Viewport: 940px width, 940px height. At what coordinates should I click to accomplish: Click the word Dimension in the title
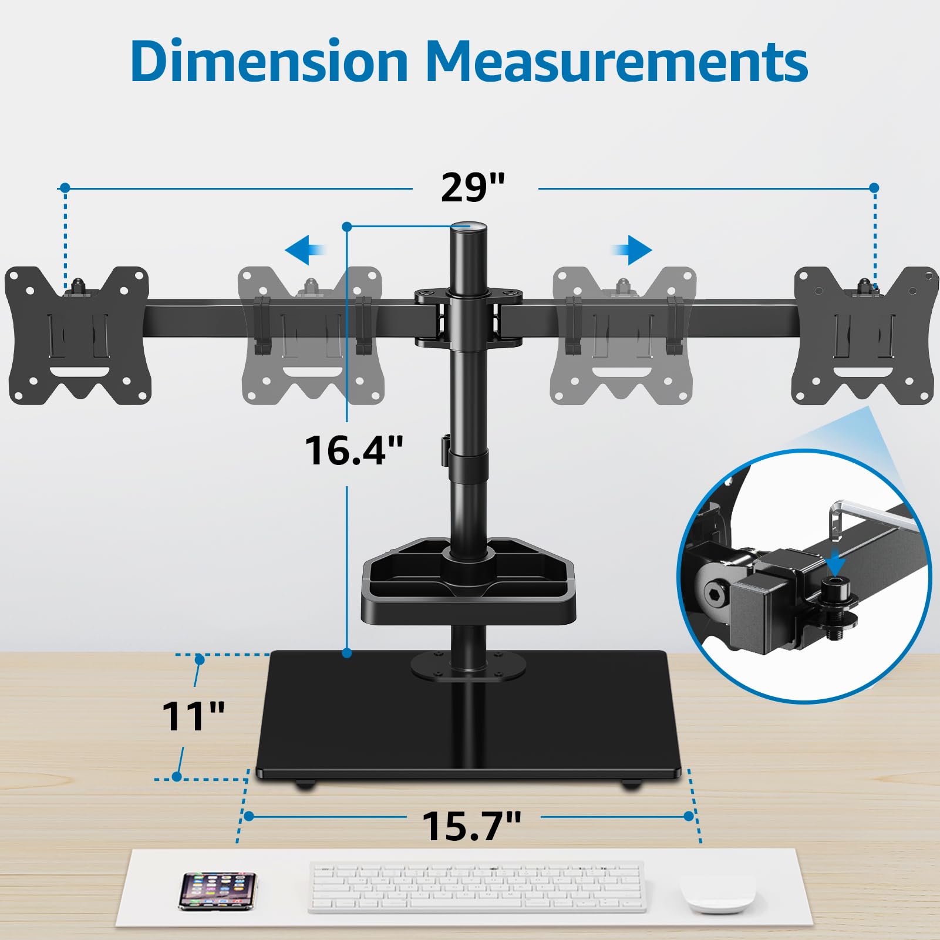tap(269, 62)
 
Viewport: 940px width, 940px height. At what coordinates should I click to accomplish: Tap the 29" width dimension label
tap(473, 188)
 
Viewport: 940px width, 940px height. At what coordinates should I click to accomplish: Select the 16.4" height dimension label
tap(354, 451)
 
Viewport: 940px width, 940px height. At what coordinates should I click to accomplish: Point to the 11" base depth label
tap(193, 717)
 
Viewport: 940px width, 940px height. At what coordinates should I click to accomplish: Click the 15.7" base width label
tap(471, 826)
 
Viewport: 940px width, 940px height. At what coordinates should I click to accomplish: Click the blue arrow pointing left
tap(305, 251)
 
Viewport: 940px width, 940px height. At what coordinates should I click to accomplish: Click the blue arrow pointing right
tap(632, 251)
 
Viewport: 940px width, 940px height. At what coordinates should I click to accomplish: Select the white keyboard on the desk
tap(477, 887)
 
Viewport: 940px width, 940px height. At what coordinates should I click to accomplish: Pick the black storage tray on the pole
tap(468, 581)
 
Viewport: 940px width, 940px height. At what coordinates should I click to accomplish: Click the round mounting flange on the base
tap(468, 666)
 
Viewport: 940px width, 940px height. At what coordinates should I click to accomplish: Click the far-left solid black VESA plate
tap(78, 336)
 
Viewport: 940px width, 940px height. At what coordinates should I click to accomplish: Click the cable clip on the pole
tap(444, 449)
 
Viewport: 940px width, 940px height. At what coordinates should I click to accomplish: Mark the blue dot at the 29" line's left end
tap(65, 188)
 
